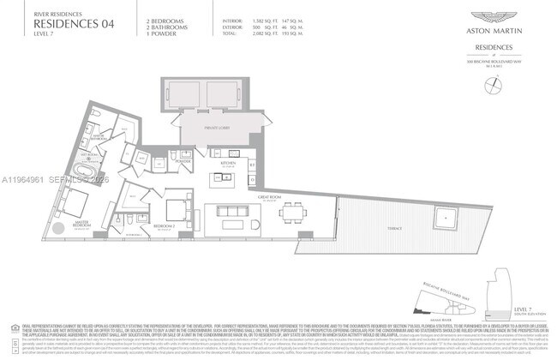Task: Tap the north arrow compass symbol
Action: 492,83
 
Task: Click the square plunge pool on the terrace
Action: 446,219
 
